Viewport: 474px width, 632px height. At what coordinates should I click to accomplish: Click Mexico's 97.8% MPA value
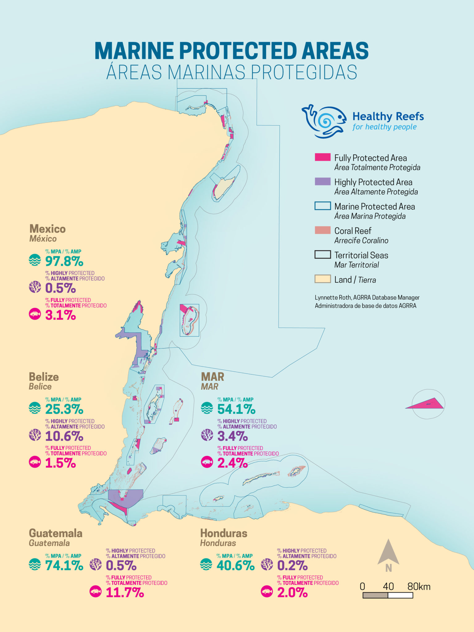click(x=64, y=261)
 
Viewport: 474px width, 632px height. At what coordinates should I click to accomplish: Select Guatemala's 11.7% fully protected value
click(x=125, y=592)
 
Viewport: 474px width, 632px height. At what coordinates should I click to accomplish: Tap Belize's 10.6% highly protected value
click(x=64, y=436)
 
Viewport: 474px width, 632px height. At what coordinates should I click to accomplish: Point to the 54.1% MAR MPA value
click(x=236, y=409)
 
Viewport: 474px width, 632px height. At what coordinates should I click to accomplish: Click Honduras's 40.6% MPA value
click(x=235, y=565)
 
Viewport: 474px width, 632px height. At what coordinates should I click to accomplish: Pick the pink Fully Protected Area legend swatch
click(x=322, y=157)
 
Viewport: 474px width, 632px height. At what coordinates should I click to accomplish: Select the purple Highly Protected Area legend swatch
click(x=322, y=181)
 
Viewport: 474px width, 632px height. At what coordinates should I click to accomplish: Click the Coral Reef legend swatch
click(x=322, y=230)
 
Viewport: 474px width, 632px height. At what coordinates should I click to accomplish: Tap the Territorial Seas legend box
click(x=322, y=255)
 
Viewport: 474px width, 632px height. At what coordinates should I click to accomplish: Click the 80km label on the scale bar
click(x=418, y=587)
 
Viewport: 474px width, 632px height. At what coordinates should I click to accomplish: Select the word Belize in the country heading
click(x=44, y=377)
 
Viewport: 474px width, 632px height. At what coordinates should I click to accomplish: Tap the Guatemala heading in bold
click(x=56, y=533)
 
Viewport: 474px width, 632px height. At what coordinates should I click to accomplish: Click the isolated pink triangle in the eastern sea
click(x=427, y=404)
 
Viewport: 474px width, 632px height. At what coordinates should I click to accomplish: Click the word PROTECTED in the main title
click(x=238, y=51)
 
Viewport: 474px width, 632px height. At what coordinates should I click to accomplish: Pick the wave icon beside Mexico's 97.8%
click(x=35, y=260)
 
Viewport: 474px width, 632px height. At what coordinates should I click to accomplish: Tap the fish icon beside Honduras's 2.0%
click(x=267, y=592)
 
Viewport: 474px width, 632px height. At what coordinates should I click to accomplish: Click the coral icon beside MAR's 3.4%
click(x=207, y=435)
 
